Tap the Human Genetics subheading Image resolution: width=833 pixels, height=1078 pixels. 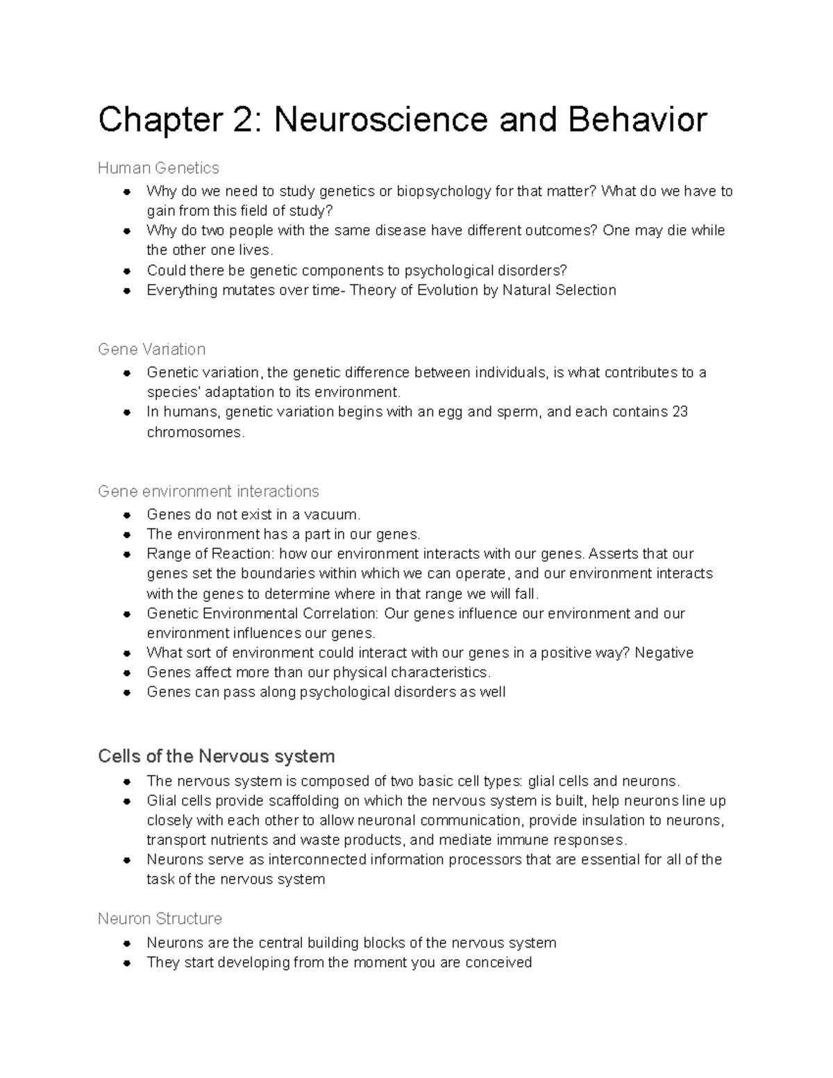pos(158,168)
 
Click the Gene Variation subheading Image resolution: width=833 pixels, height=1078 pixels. pos(151,349)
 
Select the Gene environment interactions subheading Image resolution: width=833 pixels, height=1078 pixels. pos(208,491)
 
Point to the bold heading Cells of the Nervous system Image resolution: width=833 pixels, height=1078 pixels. pos(217,756)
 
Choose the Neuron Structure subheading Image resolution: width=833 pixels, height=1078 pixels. pos(160,919)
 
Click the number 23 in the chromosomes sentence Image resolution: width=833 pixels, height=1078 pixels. pos(680,412)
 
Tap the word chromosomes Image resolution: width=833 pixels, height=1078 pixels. pos(195,432)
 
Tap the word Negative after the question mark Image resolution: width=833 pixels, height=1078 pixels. pos(664,653)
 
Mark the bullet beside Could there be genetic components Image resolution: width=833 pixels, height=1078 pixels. pos(127,271)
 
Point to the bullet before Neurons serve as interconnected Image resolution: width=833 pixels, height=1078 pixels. pos(127,860)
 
